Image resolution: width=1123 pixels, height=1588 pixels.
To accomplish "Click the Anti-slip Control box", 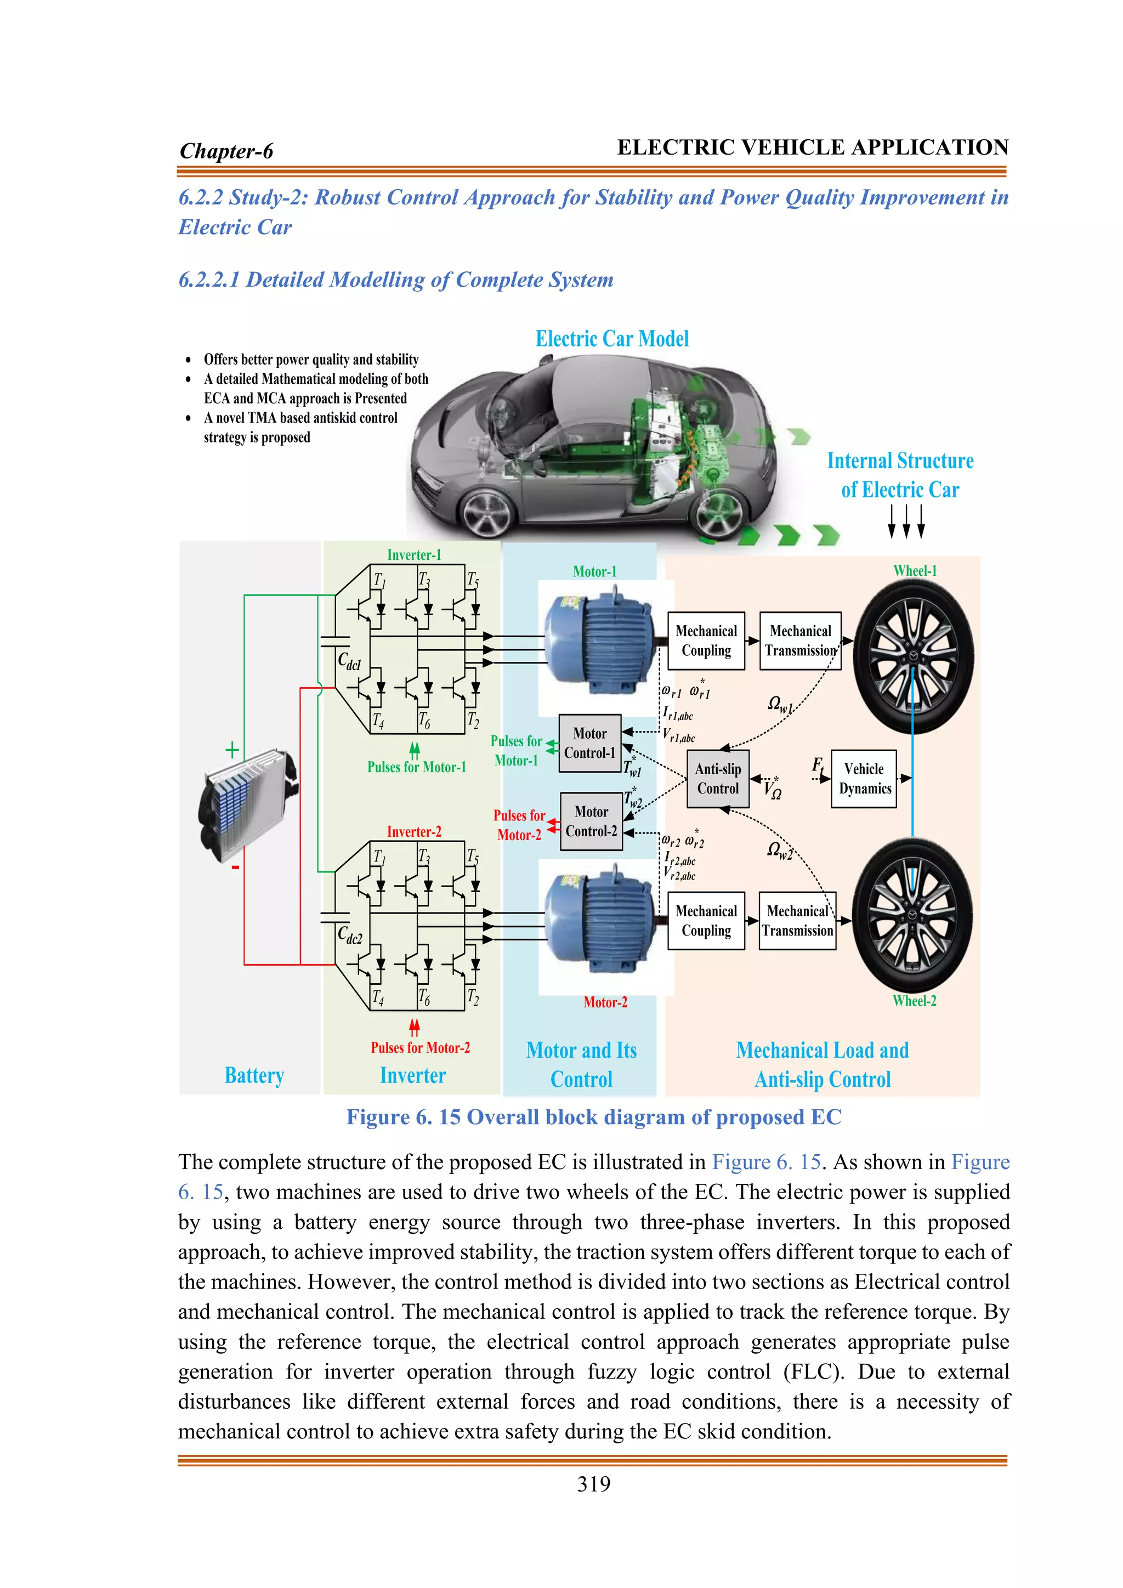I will (718, 779).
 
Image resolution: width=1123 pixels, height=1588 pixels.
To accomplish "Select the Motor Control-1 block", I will (590, 744).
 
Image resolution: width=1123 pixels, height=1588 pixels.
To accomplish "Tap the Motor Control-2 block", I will (591, 821).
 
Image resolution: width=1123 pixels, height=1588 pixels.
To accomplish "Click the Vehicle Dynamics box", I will (864, 779).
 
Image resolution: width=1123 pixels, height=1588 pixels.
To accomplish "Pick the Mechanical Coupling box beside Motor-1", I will (706, 640).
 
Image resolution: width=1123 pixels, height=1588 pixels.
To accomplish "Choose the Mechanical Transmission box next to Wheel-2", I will (797, 921).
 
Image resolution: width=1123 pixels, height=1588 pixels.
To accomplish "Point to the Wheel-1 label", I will (914, 571).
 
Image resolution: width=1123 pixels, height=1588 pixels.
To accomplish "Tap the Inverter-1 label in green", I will (413, 555).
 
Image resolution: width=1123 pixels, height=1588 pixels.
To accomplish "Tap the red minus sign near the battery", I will (235, 866).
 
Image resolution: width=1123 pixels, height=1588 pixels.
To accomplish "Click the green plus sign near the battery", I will (232, 750).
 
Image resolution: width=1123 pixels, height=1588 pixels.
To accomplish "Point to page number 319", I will (593, 1484).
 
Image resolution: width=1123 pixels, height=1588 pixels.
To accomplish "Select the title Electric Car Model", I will (612, 339).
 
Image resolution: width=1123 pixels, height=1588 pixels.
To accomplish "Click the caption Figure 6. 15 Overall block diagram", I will (593, 1117).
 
